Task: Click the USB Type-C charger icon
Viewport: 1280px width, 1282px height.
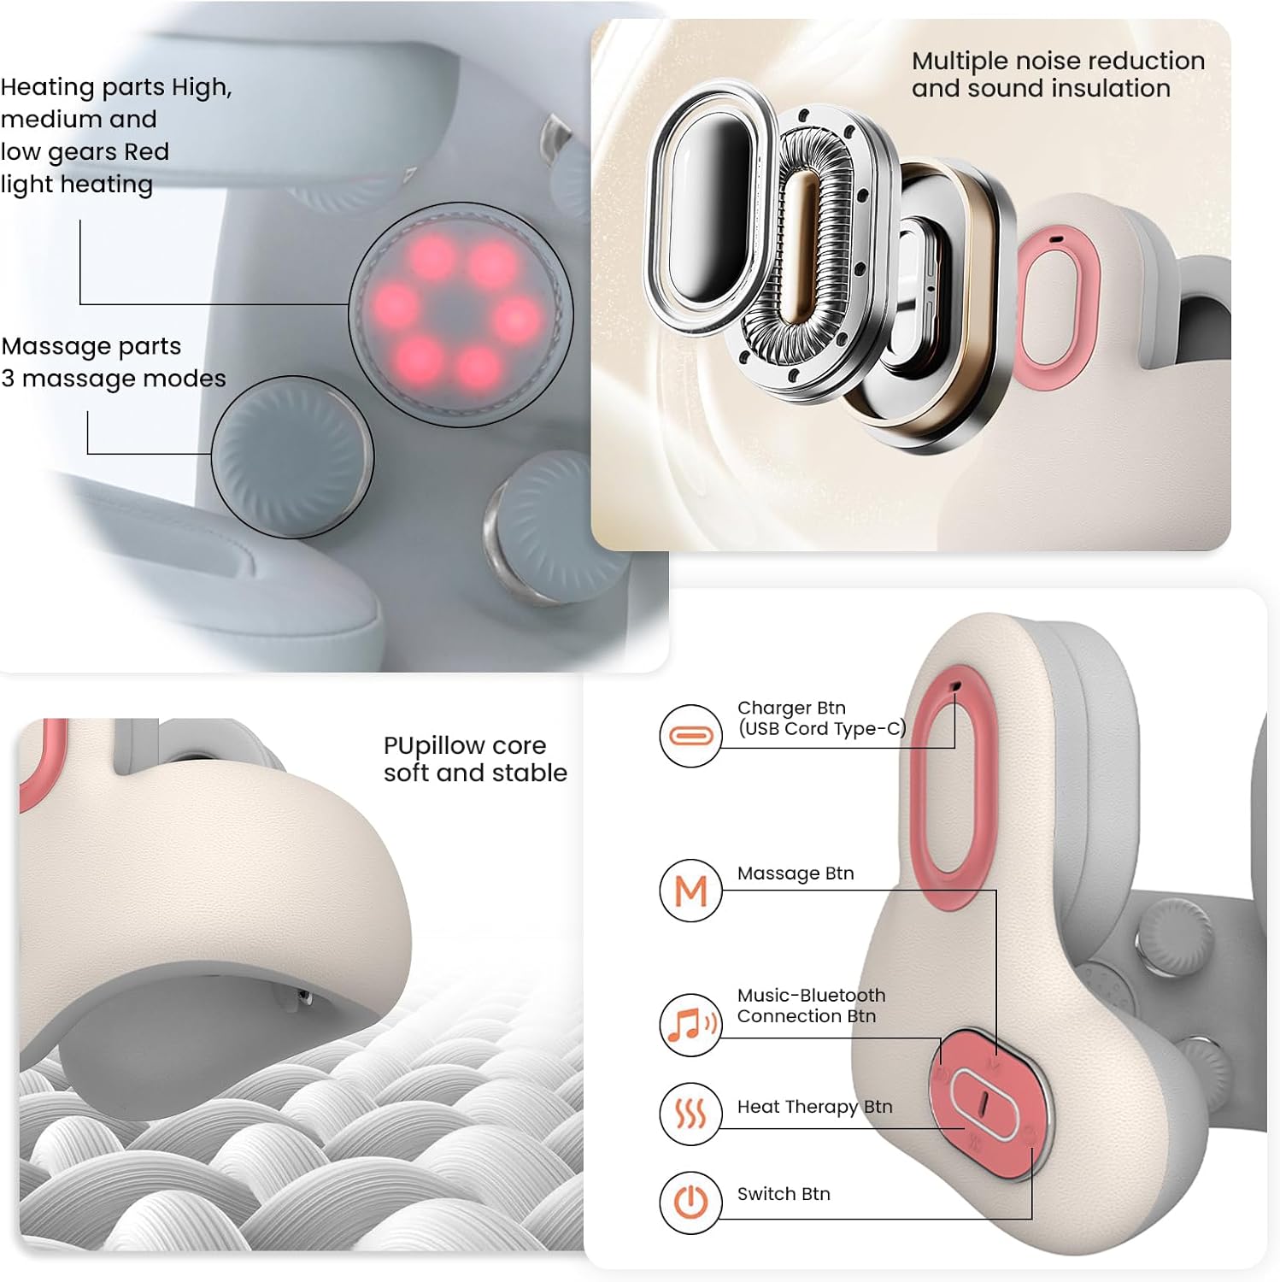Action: tap(690, 735)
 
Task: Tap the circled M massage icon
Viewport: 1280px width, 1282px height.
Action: tap(690, 891)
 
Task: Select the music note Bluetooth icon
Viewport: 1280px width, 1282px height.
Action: tap(690, 1025)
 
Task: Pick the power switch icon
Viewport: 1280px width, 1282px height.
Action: tap(690, 1203)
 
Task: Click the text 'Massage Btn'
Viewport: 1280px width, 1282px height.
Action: tap(796, 873)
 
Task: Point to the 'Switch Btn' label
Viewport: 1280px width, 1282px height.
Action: tap(784, 1194)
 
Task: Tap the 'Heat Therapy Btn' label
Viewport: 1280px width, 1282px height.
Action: tap(814, 1107)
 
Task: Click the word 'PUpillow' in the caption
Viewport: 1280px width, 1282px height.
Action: tap(435, 747)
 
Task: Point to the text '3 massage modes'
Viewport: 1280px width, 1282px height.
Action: tap(114, 379)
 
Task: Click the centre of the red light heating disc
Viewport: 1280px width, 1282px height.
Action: tap(460, 315)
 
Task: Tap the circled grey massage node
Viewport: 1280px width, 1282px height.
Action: tap(292, 457)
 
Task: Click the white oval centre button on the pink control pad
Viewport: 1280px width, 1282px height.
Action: tap(983, 1103)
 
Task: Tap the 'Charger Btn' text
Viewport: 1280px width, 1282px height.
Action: tap(791, 708)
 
